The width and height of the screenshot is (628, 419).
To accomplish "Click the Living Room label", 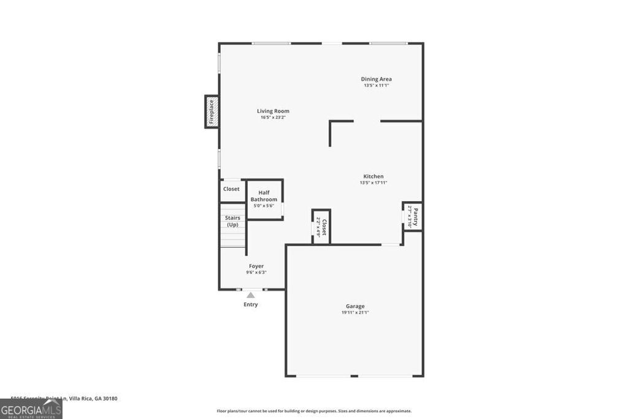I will click(x=273, y=111).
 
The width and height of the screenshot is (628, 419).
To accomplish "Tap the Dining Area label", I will click(x=376, y=79).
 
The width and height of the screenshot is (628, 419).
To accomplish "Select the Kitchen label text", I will click(x=373, y=176).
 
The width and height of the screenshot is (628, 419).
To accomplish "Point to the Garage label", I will click(x=355, y=306).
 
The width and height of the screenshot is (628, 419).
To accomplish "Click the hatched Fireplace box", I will click(x=212, y=112).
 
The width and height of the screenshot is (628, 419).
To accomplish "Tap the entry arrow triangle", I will click(x=250, y=295).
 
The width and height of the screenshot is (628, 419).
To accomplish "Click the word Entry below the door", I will click(x=250, y=304).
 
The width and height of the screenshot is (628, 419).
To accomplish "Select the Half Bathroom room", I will click(x=264, y=196).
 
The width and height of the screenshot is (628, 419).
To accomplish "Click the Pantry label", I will click(x=415, y=216).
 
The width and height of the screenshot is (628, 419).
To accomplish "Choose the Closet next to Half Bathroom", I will click(x=231, y=189).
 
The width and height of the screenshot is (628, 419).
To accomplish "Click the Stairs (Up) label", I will click(x=232, y=221).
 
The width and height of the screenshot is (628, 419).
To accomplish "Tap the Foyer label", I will click(x=256, y=266).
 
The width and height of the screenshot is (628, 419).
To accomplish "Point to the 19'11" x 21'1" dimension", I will click(x=355, y=313).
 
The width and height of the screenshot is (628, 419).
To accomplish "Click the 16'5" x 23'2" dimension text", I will click(x=273, y=117).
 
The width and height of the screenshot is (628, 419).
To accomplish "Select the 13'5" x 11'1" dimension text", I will click(x=376, y=85).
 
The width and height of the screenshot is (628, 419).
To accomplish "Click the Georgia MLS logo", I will click(x=31, y=409).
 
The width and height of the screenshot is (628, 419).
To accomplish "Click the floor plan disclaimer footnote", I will click(x=314, y=411).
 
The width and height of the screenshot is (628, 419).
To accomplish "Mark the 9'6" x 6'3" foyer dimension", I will click(x=256, y=272).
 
